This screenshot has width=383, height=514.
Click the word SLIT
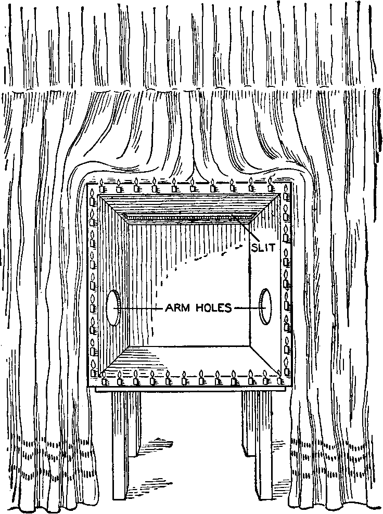(x=262, y=248)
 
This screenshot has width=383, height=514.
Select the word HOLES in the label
(x=214, y=308)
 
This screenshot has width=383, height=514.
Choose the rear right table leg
(x=248, y=423)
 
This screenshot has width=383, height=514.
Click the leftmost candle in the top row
(x=102, y=186)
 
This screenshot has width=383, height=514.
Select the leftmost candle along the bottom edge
(x=104, y=379)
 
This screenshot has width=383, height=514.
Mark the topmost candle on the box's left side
(x=93, y=196)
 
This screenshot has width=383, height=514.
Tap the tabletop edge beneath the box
(x=190, y=389)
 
